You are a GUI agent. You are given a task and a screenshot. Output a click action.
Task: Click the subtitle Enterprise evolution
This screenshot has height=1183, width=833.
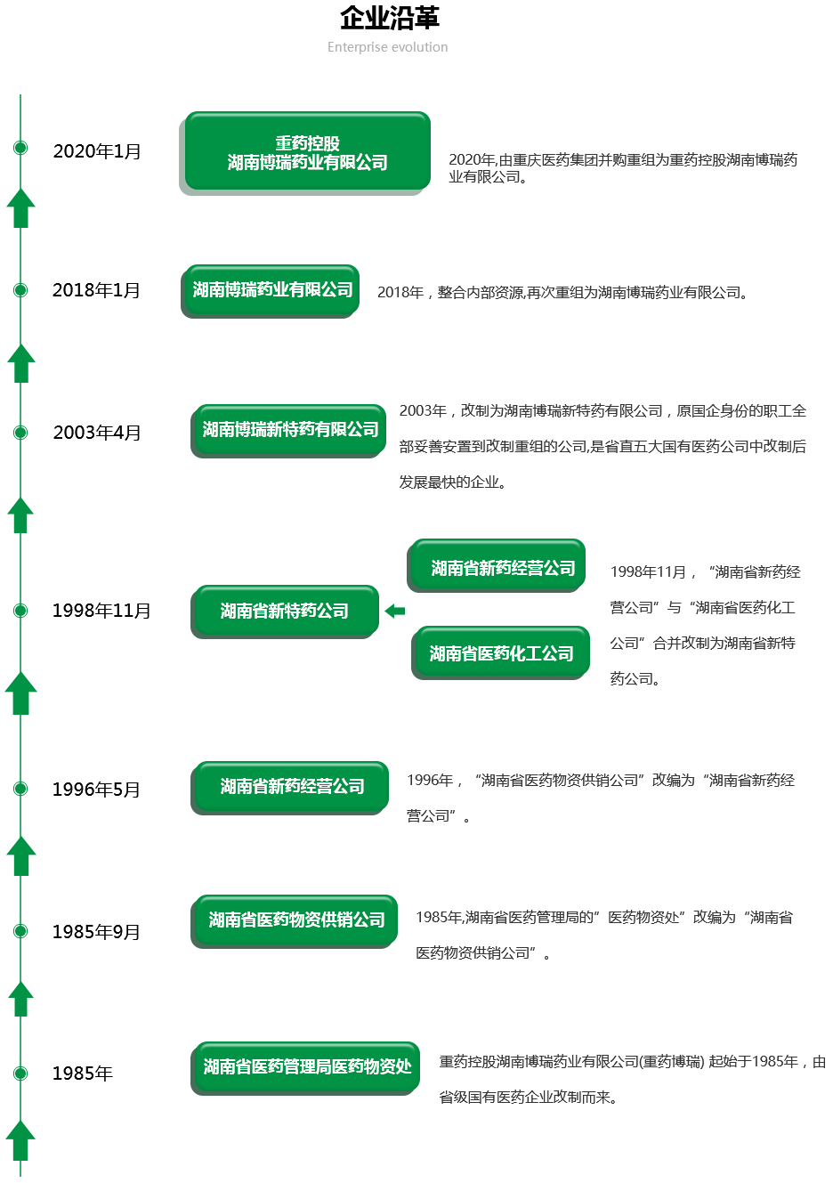[x=387, y=47]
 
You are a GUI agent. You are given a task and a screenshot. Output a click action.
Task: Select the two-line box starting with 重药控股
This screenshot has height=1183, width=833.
[x=307, y=151]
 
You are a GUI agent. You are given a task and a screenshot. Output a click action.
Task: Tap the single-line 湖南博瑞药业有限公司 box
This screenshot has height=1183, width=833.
[x=272, y=289]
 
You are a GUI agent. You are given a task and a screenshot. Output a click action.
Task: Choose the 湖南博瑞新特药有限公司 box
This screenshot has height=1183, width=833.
[x=290, y=429]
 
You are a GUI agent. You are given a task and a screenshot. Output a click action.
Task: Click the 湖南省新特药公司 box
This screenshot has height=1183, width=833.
[x=285, y=611]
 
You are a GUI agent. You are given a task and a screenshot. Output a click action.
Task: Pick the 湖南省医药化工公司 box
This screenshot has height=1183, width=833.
[x=501, y=652]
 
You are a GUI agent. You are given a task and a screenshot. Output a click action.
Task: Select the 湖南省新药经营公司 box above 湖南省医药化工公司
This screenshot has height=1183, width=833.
[x=503, y=567]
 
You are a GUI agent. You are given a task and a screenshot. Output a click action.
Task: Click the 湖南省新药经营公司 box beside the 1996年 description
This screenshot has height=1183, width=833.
[x=292, y=786]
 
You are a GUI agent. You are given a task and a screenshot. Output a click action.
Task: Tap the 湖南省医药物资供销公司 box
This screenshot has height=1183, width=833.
[x=296, y=920]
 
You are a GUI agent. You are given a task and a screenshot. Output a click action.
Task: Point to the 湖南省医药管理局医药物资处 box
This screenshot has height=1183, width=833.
[x=307, y=1066]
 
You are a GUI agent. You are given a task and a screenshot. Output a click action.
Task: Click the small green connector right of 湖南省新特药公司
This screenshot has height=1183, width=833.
[x=394, y=611]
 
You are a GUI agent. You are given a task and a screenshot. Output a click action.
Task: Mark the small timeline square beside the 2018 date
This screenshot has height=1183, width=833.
[x=20, y=290]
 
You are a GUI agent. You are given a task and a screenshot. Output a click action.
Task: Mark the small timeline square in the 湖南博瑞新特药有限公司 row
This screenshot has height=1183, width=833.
[x=20, y=433]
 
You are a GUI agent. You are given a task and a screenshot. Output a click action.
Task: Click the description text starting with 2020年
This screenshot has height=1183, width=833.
[x=622, y=167]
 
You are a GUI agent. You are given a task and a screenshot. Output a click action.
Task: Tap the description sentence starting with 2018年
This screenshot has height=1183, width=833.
[x=561, y=292]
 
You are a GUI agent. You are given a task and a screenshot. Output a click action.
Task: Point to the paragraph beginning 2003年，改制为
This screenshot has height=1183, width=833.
[x=603, y=446]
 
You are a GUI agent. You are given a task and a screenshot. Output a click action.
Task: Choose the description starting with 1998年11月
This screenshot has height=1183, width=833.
[x=704, y=625]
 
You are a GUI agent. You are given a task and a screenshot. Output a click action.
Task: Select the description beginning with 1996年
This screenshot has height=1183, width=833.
[x=600, y=798]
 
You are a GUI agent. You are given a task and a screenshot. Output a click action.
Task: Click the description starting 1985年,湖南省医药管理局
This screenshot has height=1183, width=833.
[x=603, y=935]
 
